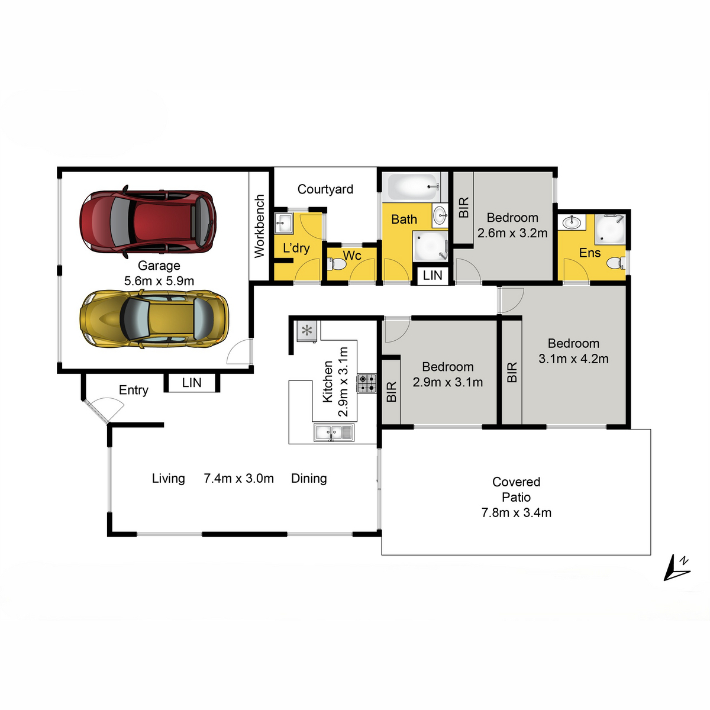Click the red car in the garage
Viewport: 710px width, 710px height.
pos(148,221)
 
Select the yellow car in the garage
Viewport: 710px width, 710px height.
pos(154,319)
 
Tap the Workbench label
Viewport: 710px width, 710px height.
pos(259,226)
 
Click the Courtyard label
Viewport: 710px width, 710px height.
pos(325,189)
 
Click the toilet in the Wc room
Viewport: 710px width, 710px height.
pos(337,264)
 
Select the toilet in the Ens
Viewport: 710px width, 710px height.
pos(616,263)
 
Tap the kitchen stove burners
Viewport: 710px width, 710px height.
pos(367,383)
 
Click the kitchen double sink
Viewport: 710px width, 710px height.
pos(334,432)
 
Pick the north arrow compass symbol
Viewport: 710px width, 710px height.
pos(676,568)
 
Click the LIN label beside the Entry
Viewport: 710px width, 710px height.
pos(192,382)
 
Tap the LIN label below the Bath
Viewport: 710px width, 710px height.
pos(433,275)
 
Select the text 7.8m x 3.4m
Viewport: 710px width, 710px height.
pos(516,512)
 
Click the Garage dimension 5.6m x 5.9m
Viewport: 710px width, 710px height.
pos(159,281)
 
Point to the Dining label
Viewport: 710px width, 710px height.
pos(309,478)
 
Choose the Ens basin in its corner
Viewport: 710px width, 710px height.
pos(572,222)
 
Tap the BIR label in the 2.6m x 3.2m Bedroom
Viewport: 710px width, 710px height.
pos(463,207)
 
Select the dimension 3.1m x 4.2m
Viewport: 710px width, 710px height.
pos(573,359)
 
